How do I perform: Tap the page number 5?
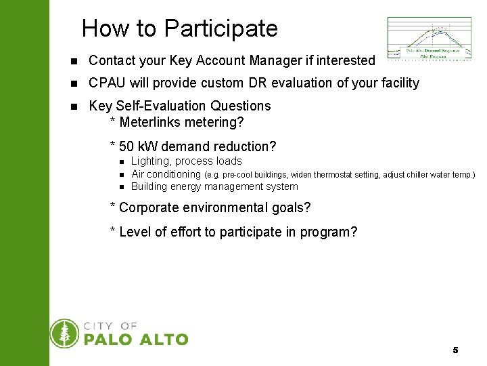[x=455, y=350]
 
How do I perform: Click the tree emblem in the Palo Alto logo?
[x=65, y=333]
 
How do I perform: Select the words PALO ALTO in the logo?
[x=136, y=340]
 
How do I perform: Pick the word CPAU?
[x=107, y=83]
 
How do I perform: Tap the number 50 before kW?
[x=126, y=146]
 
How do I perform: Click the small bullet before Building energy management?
[x=122, y=187]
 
